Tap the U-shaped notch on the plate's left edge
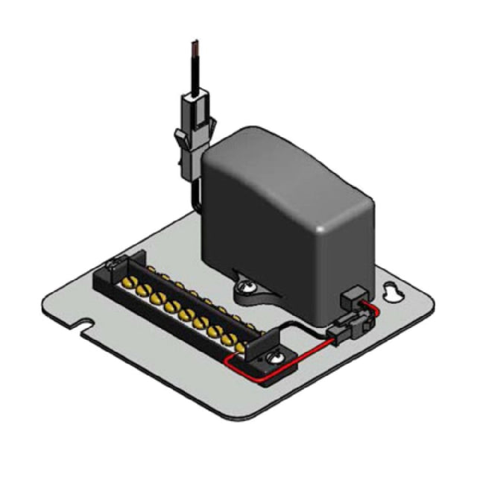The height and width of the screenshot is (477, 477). (x=86, y=326)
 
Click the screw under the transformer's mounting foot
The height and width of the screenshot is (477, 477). (x=245, y=283)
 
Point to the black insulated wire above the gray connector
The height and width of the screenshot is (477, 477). (x=196, y=75)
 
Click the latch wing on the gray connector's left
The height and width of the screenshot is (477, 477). (x=178, y=138)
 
